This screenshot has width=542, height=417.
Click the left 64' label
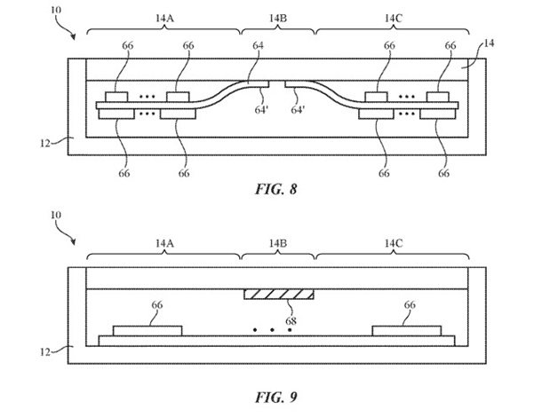pyautogui.click(x=262, y=110)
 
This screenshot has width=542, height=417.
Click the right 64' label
pyautogui.click(x=299, y=110)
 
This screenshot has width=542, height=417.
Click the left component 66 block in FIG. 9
pyautogui.click(x=148, y=330)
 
